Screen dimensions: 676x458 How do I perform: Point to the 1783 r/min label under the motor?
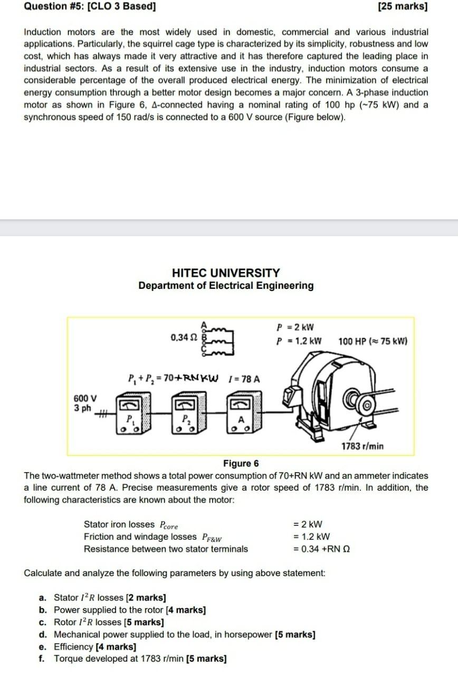click(362, 446)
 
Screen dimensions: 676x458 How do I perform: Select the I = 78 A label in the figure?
click(245, 379)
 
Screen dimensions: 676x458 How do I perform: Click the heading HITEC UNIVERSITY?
click(226, 273)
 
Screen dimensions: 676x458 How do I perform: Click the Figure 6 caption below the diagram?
click(241, 464)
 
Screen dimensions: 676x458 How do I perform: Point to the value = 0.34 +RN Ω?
click(321, 549)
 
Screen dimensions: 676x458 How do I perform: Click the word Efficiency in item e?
click(73, 646)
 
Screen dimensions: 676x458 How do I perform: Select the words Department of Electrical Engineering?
click(226, 286)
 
